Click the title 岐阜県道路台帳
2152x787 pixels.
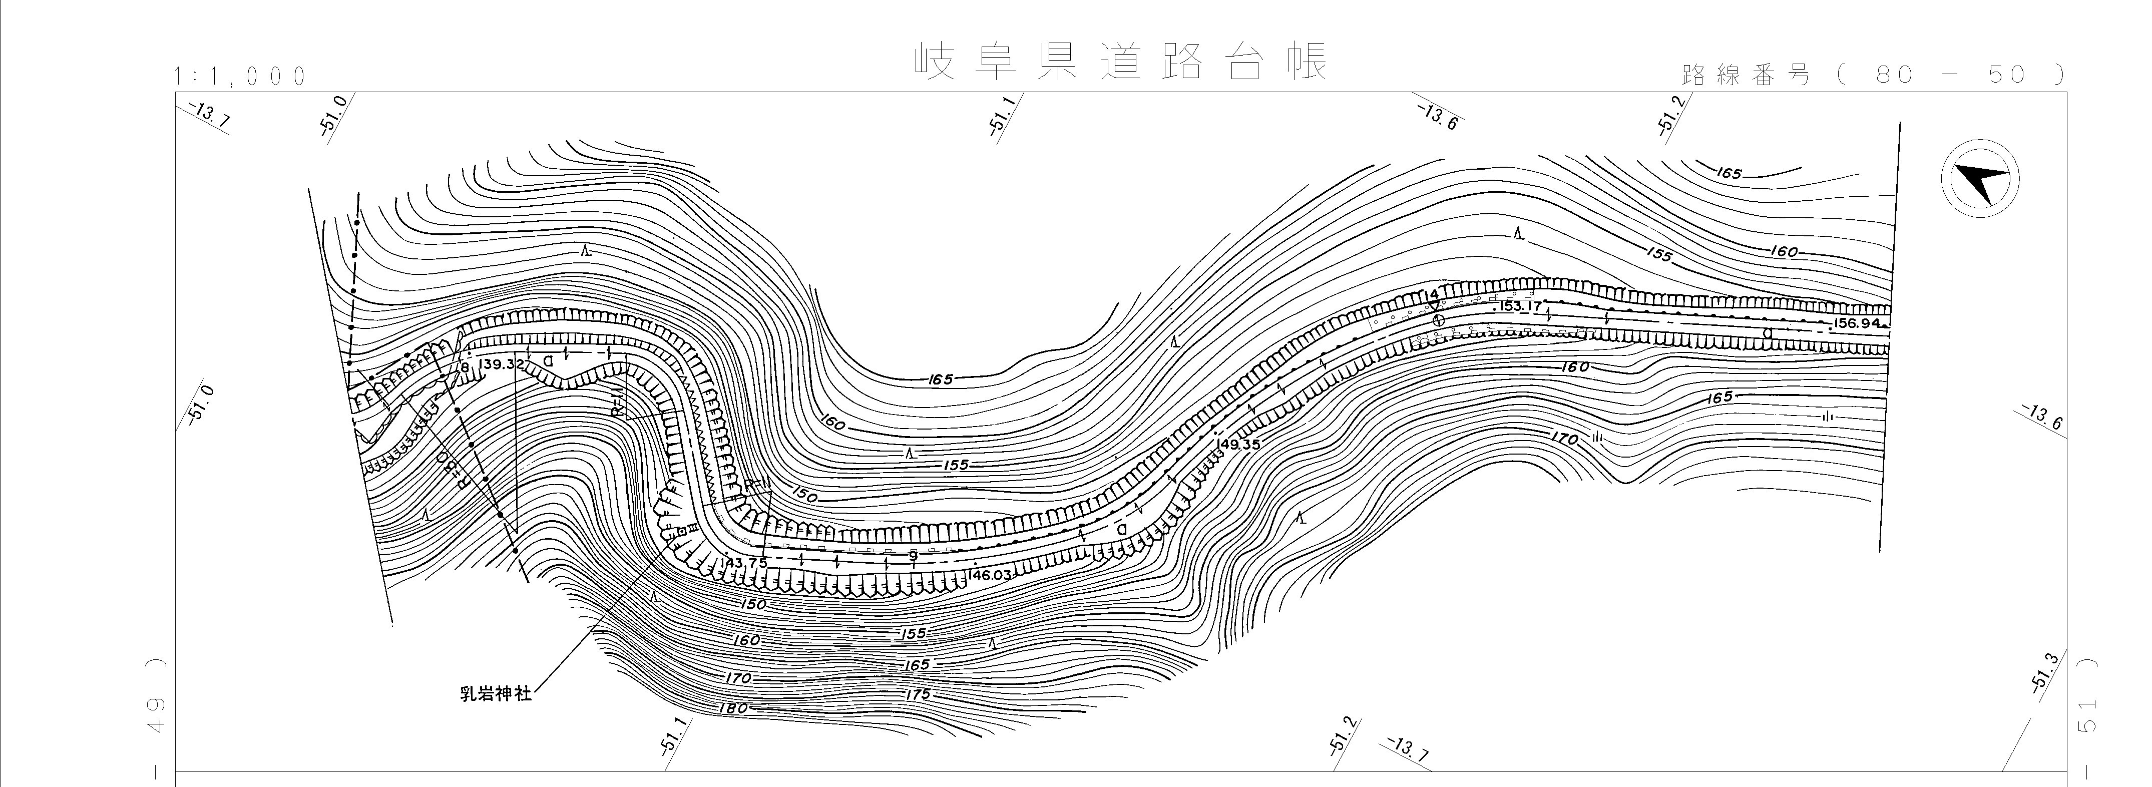(1119, 62)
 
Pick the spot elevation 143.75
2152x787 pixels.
(743, 562)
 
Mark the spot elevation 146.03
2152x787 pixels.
(990, 575)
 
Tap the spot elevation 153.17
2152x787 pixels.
(1520, 306)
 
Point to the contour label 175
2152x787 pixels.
(917, 695)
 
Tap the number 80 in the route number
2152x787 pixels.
(1894, 75)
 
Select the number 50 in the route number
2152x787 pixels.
(2007, 75)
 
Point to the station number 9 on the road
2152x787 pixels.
(913, 555)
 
